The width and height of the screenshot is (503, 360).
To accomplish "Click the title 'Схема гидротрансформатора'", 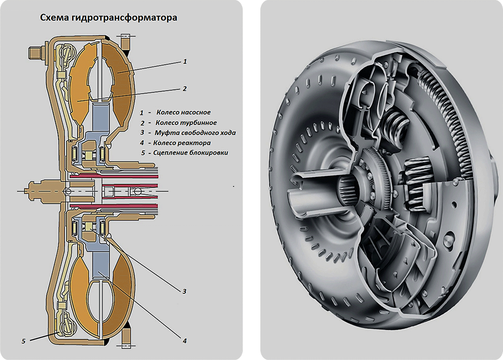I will pos(108,18).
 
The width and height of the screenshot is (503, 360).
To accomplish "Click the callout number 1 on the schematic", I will pos(184,61).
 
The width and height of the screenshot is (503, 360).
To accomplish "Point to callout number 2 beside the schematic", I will pos(184,89).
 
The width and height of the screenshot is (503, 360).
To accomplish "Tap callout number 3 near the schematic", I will pos(184,291).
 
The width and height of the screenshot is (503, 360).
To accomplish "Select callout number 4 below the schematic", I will pos(184,340).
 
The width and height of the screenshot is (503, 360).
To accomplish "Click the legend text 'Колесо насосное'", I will pos(184,112).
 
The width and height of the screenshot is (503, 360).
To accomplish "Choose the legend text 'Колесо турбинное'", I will pos(186,123).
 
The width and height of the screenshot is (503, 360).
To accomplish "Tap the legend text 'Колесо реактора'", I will pos(182,143).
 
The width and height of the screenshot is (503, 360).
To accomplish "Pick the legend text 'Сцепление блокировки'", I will pos(191,153).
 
